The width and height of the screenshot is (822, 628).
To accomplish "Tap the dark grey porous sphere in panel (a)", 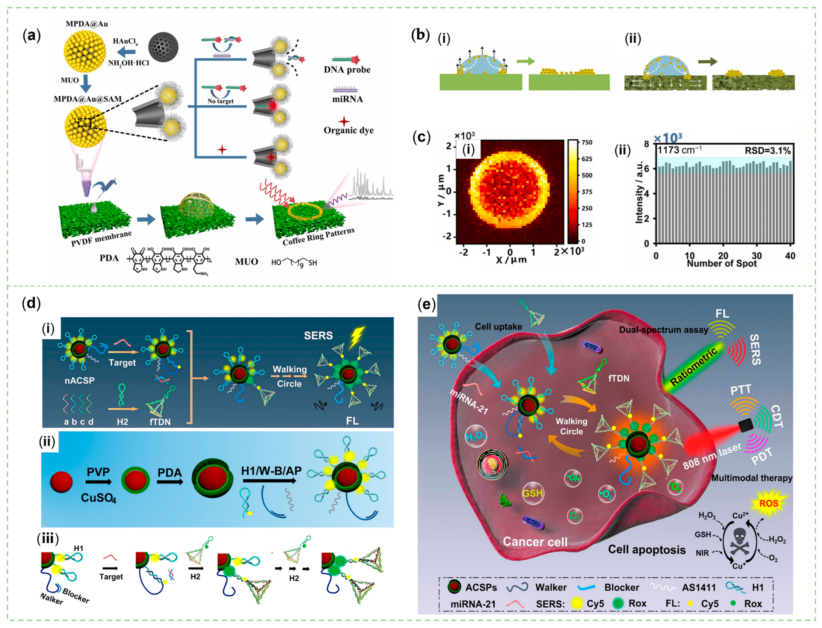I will click(163, 47).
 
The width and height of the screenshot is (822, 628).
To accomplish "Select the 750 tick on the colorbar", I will click(587, 142).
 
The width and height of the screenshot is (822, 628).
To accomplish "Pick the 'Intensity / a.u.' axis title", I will click(639, 193).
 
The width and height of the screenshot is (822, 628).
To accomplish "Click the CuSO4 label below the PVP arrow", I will click(99, 498).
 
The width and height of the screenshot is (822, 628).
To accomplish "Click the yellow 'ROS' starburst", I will click(769, 503).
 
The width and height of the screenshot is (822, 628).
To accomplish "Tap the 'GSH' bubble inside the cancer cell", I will click(532, 493).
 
